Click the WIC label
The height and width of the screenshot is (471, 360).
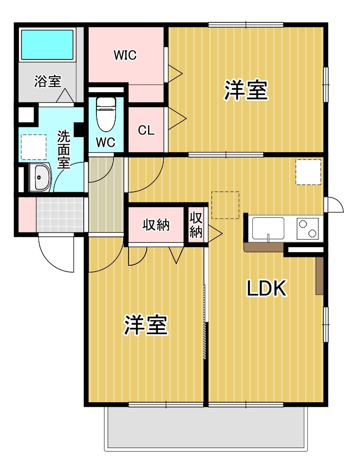(125, 55)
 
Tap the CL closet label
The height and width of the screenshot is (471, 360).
(146, 130)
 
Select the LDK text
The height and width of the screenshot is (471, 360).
(266, 288)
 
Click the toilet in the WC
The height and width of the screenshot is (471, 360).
(106, 115)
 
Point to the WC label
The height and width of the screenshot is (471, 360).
(106, 142)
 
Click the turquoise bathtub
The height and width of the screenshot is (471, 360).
(47, 45)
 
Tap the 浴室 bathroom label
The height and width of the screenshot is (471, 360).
(47, 81)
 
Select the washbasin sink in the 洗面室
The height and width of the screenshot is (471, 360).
(40, 178)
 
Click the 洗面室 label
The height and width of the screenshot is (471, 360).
(64, 149)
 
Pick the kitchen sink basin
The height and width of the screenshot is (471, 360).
(268, 229)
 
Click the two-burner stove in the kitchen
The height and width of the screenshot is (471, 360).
(307, 229)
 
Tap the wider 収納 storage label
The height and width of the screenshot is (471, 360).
(156, 225)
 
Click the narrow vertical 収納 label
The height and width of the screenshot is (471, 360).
(196, 225)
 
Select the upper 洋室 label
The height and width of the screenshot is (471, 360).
(246, 90)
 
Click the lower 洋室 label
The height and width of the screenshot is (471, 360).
(146, 325)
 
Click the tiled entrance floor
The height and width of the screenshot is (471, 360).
(60, 215)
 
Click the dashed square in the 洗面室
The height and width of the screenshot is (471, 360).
(34, 147)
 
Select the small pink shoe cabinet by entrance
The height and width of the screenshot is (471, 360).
(27, 215)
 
